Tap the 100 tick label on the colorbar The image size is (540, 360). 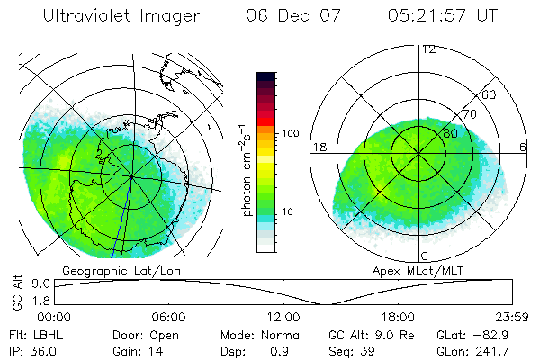[290, 133]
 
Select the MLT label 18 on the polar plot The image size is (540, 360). [318, 146]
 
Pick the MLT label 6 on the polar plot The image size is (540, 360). [525, 146]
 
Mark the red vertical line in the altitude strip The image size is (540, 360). [157, 292]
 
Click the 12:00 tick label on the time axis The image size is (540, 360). [284, 317]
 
